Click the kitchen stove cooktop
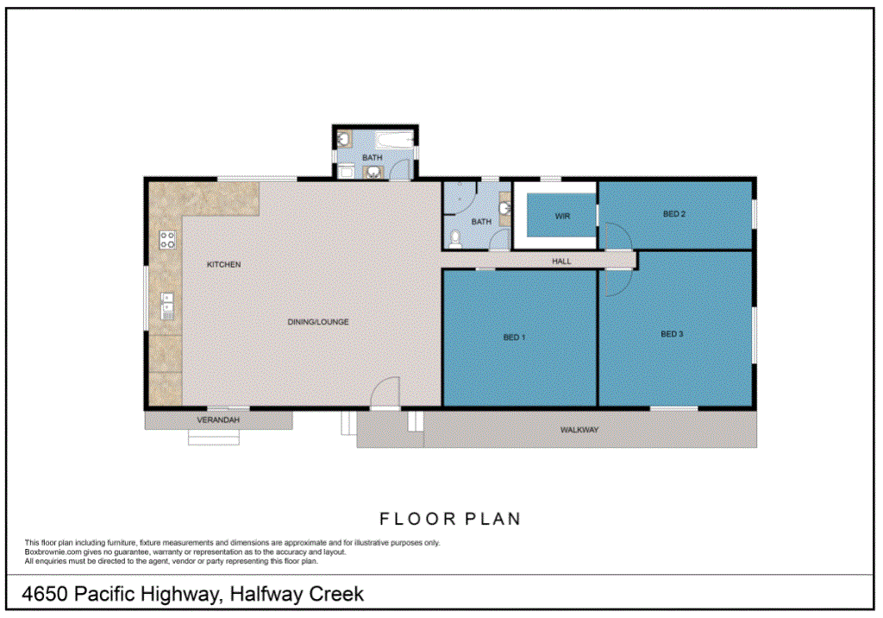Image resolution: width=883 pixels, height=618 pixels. point(166,240)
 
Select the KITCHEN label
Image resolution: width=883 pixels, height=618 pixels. point(223,264)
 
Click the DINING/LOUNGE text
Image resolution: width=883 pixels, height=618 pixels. point(318,322)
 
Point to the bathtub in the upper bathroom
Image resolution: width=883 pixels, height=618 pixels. point(394,138)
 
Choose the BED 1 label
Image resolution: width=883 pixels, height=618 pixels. point(514,337)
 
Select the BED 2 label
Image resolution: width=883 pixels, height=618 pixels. point(674,214)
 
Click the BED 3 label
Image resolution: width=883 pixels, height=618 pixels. point(672,333)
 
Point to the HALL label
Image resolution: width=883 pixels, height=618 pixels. point(561,260)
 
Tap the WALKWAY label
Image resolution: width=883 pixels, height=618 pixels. point(579,429)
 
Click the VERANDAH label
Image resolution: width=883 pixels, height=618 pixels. point(217,420)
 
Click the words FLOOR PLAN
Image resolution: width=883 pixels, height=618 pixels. point(450,519)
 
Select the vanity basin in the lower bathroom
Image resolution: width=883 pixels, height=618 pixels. point(504,207)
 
